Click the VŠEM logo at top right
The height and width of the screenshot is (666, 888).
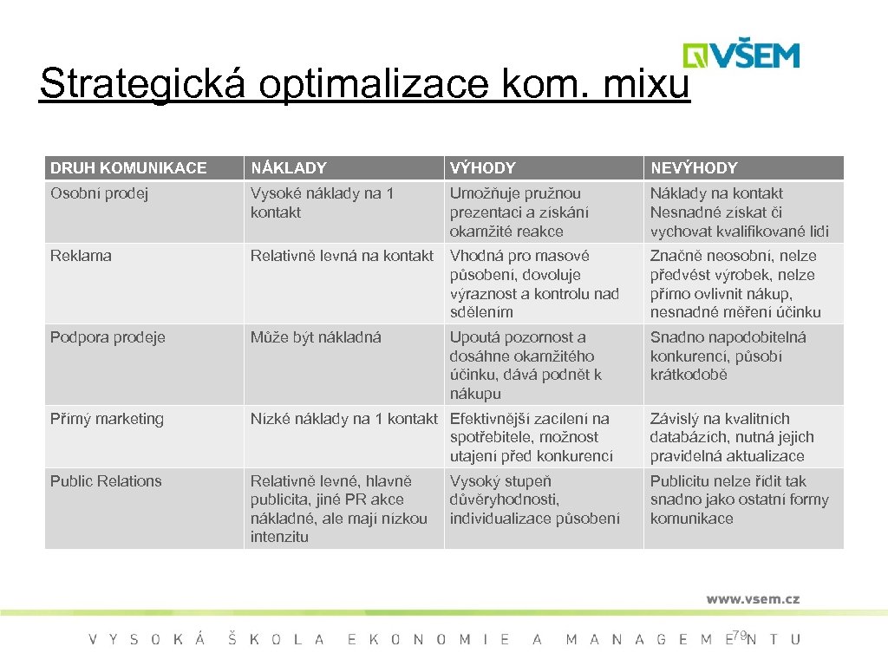pyautogui.click(x=741, y=55)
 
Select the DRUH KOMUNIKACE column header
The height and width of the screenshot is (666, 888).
pyautogui.click(x=128, y=168)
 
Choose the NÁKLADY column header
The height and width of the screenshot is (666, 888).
pyautogui.click(x=289, y=168)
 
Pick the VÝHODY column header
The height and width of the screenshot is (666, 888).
pyautogui.click(x=482, y=168)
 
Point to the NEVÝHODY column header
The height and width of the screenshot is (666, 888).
pyautogui.click(x=694, y=168)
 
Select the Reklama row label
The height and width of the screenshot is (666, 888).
pyautogui.click(x=81, y=256)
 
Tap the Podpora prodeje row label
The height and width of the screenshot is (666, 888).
pyautogui.click(x=108, y=337)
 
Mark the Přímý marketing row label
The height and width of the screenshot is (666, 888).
pyautogui.click(x=107, y=419)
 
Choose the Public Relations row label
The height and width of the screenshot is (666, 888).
pyautogui.click(x=106, y=481)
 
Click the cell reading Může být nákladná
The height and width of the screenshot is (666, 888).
pyautogui.click(x=316, y=337)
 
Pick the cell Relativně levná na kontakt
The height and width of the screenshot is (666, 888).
pyautogui.click(x=342, y=256)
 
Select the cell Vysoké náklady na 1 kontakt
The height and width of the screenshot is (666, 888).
pyautogui.click(x=322, y=203)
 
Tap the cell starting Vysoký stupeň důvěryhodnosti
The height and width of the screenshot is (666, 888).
pyautogui.click(x=534, y=499)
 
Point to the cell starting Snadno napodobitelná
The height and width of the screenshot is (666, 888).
pyautogui.click(x=728, y=356)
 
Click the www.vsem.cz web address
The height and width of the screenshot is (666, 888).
pyautogui.click(x=753, y=598)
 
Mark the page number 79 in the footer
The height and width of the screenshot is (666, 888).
pyautogui.click(x=739, y=637)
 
